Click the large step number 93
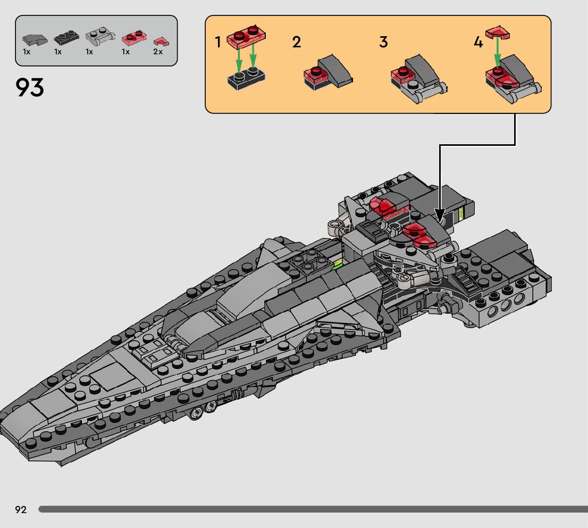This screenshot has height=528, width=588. (x=30, y=88)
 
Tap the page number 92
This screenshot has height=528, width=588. (x=21, y=510)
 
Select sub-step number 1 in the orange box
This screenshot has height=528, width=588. (x=218, y=43)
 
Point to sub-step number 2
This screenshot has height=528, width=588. (x=297, y=43)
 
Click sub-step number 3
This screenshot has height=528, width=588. (x=383, y=43)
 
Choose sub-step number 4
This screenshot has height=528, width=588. (x=478, y=43)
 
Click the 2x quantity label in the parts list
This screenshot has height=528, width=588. (x=158, y=52)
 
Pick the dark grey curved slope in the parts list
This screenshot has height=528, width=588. (x=35, y=39)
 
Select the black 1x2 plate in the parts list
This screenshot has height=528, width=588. (x=66, y=38)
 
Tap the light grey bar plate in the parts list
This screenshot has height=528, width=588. (x=99, y=38)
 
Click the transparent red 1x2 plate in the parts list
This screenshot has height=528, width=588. (x=133, y=38)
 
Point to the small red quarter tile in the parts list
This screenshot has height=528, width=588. (x=158, y=40)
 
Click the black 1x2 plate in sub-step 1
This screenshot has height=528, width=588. (x=246, y=79)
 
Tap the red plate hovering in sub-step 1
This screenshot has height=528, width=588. (x=246, y=36)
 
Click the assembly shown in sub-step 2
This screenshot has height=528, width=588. (x=328, y=72)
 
